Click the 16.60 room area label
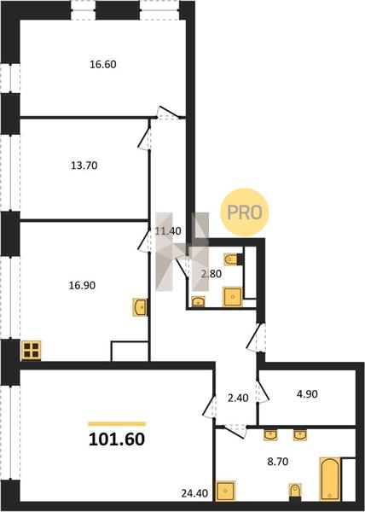[x=103, y=64]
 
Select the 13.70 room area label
[x=84, y=166]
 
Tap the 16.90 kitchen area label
[x=82, y=285]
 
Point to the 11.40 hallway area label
[x=168, y=231]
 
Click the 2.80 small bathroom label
[x=211, y=274]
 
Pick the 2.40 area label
[x=238, y=398]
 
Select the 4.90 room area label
[x=307, y=394]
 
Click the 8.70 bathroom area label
[x=277, y=462]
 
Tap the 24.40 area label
[x=194, y=493]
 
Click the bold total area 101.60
[x=117, y=439]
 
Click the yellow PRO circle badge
[x=245, y=212]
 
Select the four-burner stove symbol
[x=31, y=351]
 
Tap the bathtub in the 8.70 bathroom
[x=330, y=479]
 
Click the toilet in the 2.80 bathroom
[x=234, y=259]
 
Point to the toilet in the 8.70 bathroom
[x=295, y=492]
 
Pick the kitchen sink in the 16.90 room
[x=140, y=307]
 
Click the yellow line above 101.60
[x=117, y=424]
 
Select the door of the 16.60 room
[x=168, y=113]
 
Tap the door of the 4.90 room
[x=263, y=391]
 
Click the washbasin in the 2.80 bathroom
[x=199, y=300]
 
